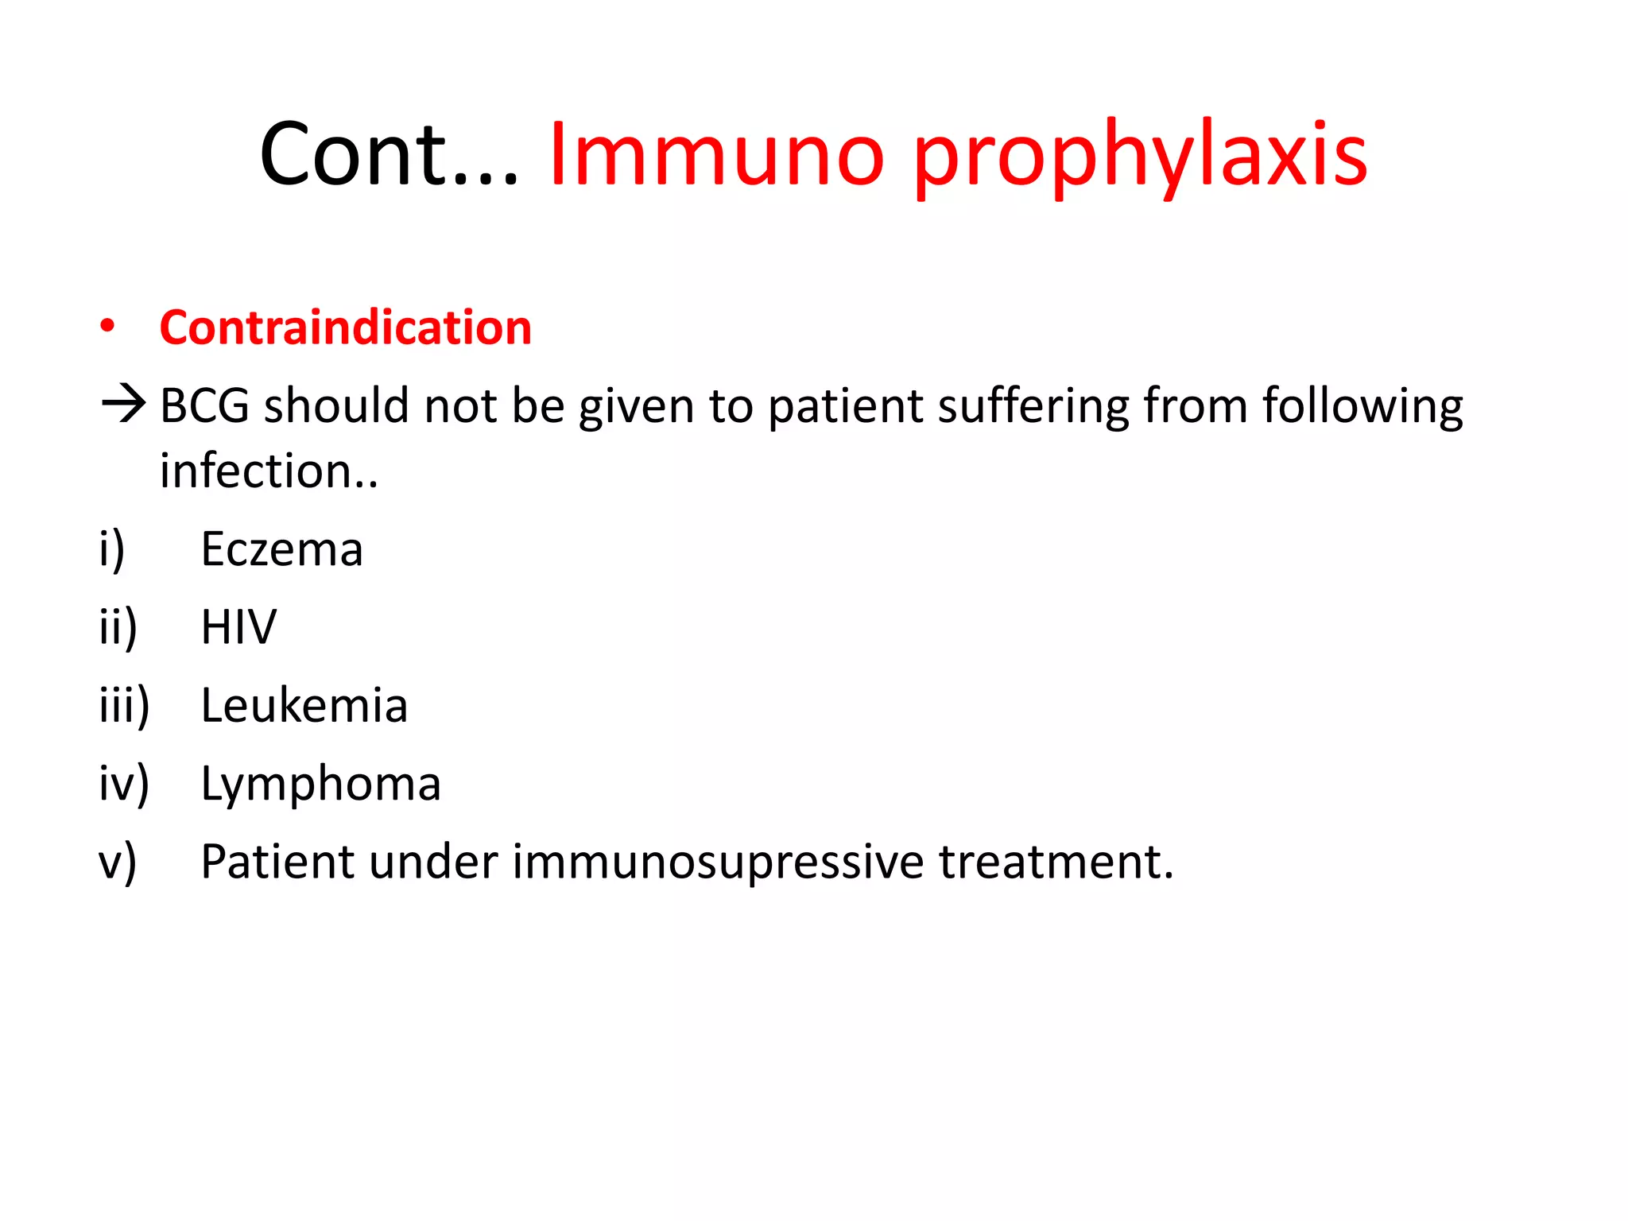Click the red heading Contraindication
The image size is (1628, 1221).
(345, 328)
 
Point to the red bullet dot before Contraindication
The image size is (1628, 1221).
(107, 326)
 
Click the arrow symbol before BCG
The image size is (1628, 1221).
(123, 404)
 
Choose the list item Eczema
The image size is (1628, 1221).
(281, 549)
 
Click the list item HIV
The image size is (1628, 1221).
(238, 627)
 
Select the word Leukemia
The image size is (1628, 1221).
(304, 705)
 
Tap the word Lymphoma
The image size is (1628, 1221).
(320, 784)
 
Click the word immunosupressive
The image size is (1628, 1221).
(718, 862)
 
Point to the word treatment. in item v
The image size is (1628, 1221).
(1056, 862)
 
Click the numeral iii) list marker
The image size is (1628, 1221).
(124, 705)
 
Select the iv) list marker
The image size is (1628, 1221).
(124, 784)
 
